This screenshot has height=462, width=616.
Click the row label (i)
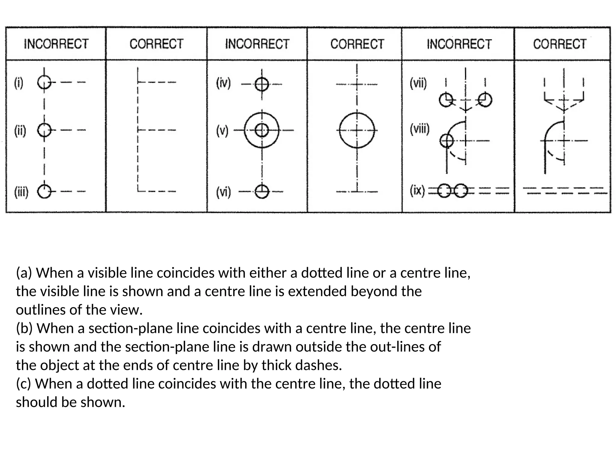[19, 83]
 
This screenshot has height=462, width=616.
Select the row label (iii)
[21, 192]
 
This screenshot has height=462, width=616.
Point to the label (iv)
[223, 83]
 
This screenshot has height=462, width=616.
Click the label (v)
[222, 131]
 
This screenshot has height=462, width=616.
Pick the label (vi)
[223, 192]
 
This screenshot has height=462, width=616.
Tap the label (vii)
[418, 83]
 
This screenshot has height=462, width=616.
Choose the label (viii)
[420, 129]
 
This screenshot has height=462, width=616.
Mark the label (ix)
[417, 190]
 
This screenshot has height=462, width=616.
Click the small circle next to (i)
[44, 82]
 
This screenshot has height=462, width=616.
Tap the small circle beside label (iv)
[262, 85]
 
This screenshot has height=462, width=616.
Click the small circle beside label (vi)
[262, 192]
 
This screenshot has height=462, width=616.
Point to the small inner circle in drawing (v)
[262, 131]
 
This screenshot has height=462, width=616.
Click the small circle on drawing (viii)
[447, 140]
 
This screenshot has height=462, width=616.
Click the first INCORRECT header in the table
[56, 44]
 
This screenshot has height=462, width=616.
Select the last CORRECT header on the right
[560, 44]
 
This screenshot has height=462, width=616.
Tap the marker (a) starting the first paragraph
[25, 273]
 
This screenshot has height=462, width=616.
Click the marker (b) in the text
[26, 328]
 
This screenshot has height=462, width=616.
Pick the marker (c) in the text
[25, 384]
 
